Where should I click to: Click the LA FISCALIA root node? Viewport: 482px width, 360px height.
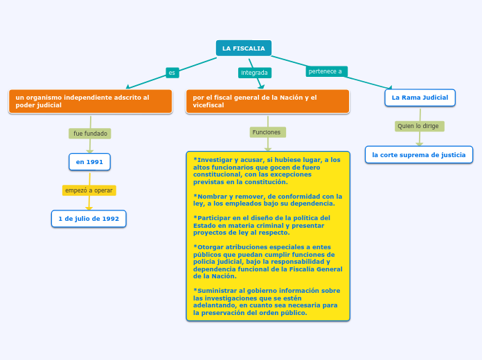coord(244,48)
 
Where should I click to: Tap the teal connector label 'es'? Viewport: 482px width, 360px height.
coord(172,72)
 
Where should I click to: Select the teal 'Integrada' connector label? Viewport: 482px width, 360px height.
coord(254,73)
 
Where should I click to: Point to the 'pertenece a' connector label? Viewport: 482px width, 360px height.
coord(325,71)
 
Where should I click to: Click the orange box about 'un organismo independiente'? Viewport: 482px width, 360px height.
coord(90,101)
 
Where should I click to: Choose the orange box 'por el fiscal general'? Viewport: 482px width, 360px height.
coord(267,101)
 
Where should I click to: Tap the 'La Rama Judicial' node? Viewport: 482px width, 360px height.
coord(420,98)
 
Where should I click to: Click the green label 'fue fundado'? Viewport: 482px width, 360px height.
coord(90,133)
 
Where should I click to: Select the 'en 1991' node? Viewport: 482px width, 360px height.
coord(89,162)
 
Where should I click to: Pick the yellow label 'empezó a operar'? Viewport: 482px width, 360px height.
coord(89,190)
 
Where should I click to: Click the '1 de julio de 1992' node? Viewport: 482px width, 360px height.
coord(89,219)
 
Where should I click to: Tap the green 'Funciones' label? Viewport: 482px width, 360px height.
coord(267,132)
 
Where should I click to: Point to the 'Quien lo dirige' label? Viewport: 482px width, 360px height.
coord(418,126)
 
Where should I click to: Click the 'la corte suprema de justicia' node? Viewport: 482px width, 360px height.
coord(419,154)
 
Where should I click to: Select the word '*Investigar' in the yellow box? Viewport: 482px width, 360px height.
coord(211,159)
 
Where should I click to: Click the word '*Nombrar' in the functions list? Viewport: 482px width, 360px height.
coord(208,196)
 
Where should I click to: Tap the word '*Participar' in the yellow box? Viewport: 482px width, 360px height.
coord(211,217)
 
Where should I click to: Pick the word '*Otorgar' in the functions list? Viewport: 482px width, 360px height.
coord(208,246)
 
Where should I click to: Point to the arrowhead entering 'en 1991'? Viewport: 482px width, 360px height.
coord(89,150)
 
